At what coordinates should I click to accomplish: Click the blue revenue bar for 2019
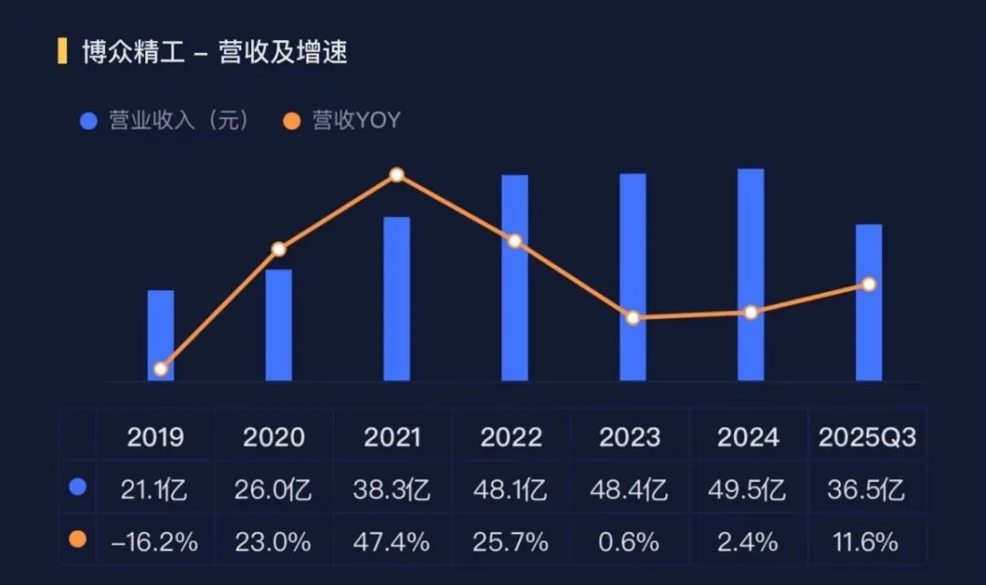tap(161, 334)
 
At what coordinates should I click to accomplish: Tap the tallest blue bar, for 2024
tap(750, 274)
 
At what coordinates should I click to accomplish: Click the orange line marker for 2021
tap(396, 174)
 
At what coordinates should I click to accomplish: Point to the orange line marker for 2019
tap(161, 369)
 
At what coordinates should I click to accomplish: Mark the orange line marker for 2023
tap(633, 318)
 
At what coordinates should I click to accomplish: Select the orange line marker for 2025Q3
tap(869, 284)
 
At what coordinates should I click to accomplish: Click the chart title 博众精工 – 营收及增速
tap(215, 52)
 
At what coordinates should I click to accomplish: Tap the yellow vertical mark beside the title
tap(62, 51)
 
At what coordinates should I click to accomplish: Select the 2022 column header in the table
tap(511, 437)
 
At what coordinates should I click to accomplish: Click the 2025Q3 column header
tap(867, 437)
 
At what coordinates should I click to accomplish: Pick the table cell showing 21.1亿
tap(154, 489)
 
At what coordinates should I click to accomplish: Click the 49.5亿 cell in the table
tap(747, 489)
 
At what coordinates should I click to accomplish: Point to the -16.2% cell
tap(154, 542)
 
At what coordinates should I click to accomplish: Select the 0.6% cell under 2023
tap(629, 542)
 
